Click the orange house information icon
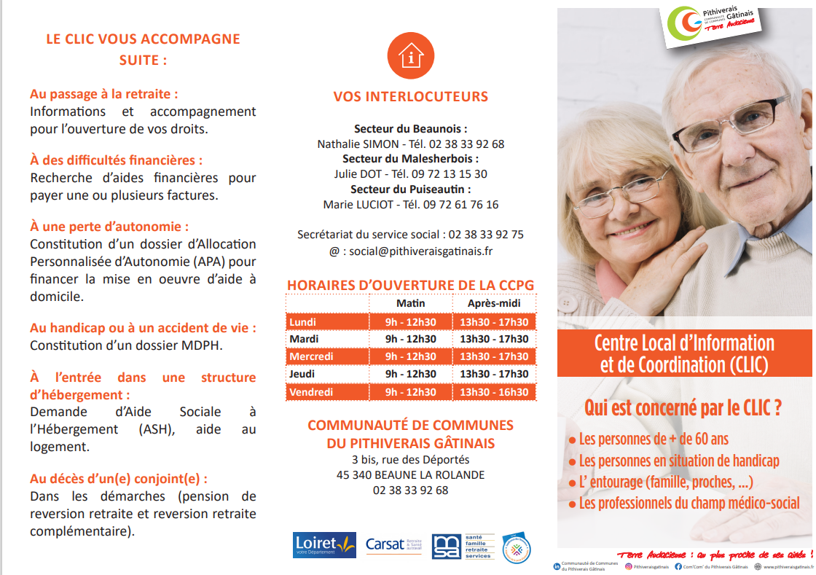[411, 55]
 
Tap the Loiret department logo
[324, 544]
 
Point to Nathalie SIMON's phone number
[457, 144]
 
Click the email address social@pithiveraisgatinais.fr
[420, 251]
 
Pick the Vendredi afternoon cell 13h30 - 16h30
[494, 392]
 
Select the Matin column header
[410, 303]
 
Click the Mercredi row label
[311, 356]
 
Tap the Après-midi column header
[494, 303]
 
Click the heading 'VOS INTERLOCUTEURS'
[411, 97]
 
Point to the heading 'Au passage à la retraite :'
[104, 94]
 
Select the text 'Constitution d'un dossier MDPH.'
[126, 345]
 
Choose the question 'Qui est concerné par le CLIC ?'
[683, 408]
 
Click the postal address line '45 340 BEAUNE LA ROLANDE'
[410, 475]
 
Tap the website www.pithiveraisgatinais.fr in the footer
[788, 566]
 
